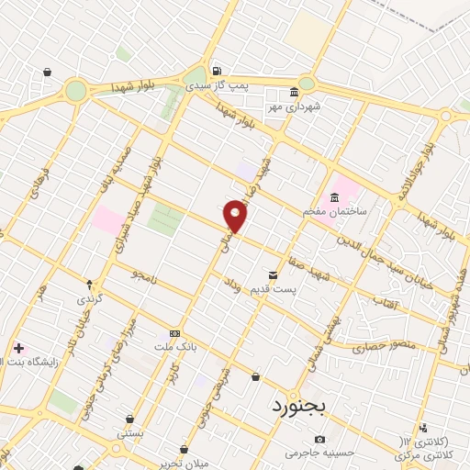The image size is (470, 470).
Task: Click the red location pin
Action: pyautogui.click(x=236, y=216)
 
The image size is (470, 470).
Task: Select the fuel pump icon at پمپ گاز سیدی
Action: pyautogui.click(x=215, y=71)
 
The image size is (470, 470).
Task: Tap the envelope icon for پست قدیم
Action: pyautogui.click(x=272, y=275)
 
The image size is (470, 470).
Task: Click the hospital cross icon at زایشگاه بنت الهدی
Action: pyautogui.click(x=19, y=348)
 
